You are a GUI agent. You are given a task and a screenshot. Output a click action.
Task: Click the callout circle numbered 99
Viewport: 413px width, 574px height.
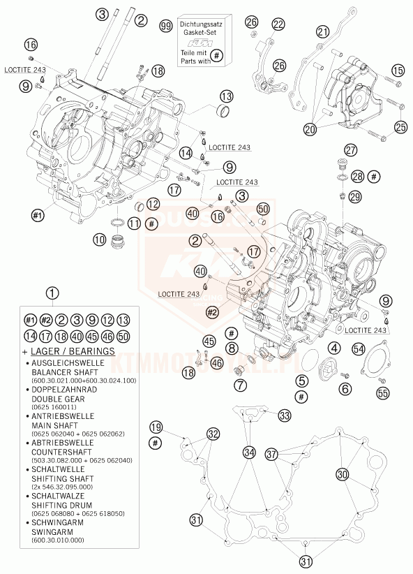165,26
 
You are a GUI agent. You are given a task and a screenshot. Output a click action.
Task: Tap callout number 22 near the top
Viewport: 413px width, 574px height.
278,25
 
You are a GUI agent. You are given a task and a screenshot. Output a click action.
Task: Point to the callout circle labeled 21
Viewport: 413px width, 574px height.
322,31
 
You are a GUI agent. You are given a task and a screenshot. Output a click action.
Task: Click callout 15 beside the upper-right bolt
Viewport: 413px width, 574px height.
398,70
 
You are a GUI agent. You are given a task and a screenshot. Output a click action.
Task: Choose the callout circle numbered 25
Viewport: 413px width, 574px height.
400,126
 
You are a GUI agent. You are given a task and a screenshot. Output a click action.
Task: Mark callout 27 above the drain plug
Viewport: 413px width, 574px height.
350,149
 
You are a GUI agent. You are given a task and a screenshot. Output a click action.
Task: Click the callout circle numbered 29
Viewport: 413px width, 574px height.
354,197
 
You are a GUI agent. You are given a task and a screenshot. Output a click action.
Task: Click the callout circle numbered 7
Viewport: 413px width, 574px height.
239,384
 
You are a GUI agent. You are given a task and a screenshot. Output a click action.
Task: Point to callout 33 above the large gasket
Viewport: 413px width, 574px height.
284,415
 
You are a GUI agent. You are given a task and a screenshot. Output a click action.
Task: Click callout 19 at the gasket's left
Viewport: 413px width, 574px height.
155,427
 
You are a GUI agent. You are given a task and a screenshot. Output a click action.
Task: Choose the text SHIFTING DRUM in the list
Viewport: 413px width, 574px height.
59,504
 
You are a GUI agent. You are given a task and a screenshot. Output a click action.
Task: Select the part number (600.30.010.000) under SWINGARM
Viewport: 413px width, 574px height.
57,540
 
